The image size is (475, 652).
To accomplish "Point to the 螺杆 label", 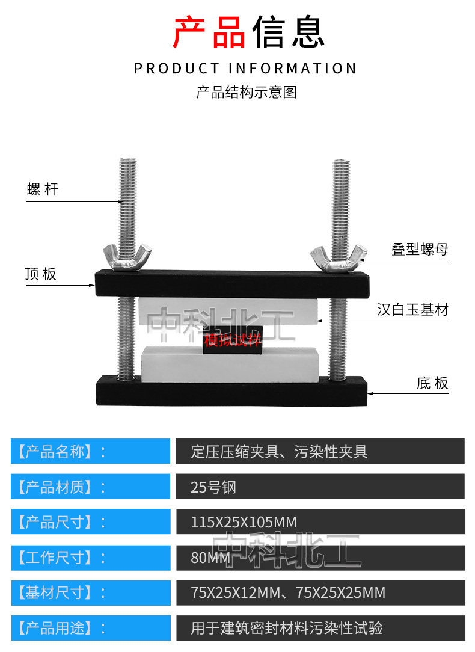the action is (x=43, y=190).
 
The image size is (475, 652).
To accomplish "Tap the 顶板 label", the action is (x=41, y=274).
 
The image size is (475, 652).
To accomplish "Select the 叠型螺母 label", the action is (x=420, y=249).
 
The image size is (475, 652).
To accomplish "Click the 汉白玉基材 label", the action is (x=412, y=310).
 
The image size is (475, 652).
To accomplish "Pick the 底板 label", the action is (x=432, y=383).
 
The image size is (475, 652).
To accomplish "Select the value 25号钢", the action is (x=213, y=487).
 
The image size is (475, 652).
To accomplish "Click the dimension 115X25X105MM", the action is (x=244, y=522).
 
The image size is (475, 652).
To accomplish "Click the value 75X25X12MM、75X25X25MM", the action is (x=288, y=593).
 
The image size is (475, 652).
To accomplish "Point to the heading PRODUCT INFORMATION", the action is (x=245, y=68).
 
